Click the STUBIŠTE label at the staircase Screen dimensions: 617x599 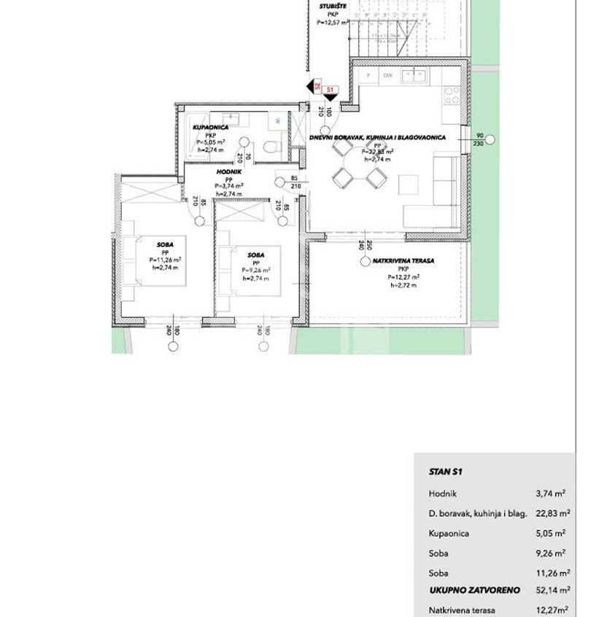pos(332,7)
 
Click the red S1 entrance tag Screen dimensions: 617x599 pos(330,89)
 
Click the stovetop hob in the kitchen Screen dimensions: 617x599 pos(452,94)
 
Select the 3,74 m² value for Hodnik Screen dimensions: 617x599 pos(553,494)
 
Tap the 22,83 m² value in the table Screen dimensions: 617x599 pos(553,513)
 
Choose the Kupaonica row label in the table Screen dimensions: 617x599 pos(449,533)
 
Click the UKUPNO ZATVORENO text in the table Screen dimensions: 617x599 pos(464,591)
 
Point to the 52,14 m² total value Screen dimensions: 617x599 pos(553,591)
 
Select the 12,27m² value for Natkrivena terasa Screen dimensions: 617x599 pos(553,610)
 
